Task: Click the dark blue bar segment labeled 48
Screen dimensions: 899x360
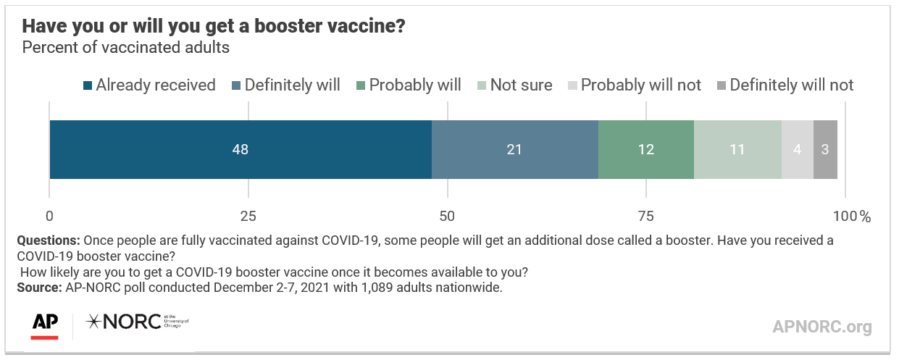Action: [x=241, y=149]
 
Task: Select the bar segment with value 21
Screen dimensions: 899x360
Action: [x=515, y=149]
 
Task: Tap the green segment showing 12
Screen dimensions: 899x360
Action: [x=646, y=149]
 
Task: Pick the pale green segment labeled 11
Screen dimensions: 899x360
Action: [x=737, y=149]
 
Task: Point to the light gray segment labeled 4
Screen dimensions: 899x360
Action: [x=798, y=149]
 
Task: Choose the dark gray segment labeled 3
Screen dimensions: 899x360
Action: [x=826, y=149]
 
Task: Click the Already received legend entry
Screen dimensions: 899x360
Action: [x=149, y=85]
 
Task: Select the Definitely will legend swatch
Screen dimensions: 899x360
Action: [x=236, y=85]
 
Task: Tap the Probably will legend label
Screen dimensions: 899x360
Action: [x=415, y=85]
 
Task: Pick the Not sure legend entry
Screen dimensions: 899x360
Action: [x=515, y=85]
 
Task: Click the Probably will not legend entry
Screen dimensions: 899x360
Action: [x=635, y=85]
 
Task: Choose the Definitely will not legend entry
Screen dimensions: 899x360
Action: [x=785, y=85]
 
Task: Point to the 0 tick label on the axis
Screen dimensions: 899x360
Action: [x=49, y=217]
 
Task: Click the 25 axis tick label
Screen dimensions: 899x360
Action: [x=248, y=217]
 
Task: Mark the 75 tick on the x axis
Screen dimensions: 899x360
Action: [x=645, y=217]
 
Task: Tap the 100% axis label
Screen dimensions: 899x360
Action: [x=852, y=217]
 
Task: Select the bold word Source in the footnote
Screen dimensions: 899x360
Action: [x=39, y=288]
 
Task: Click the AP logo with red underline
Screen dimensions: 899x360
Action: [x=45, y=326]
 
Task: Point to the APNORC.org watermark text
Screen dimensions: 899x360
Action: [x=822, y=327]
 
